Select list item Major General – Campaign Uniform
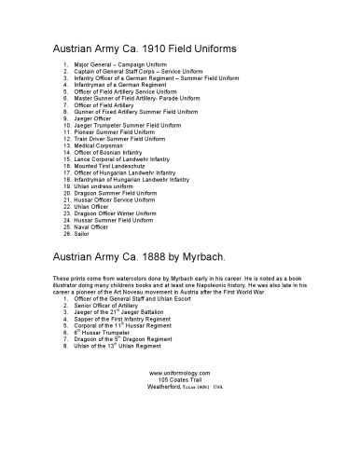(122, 65)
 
